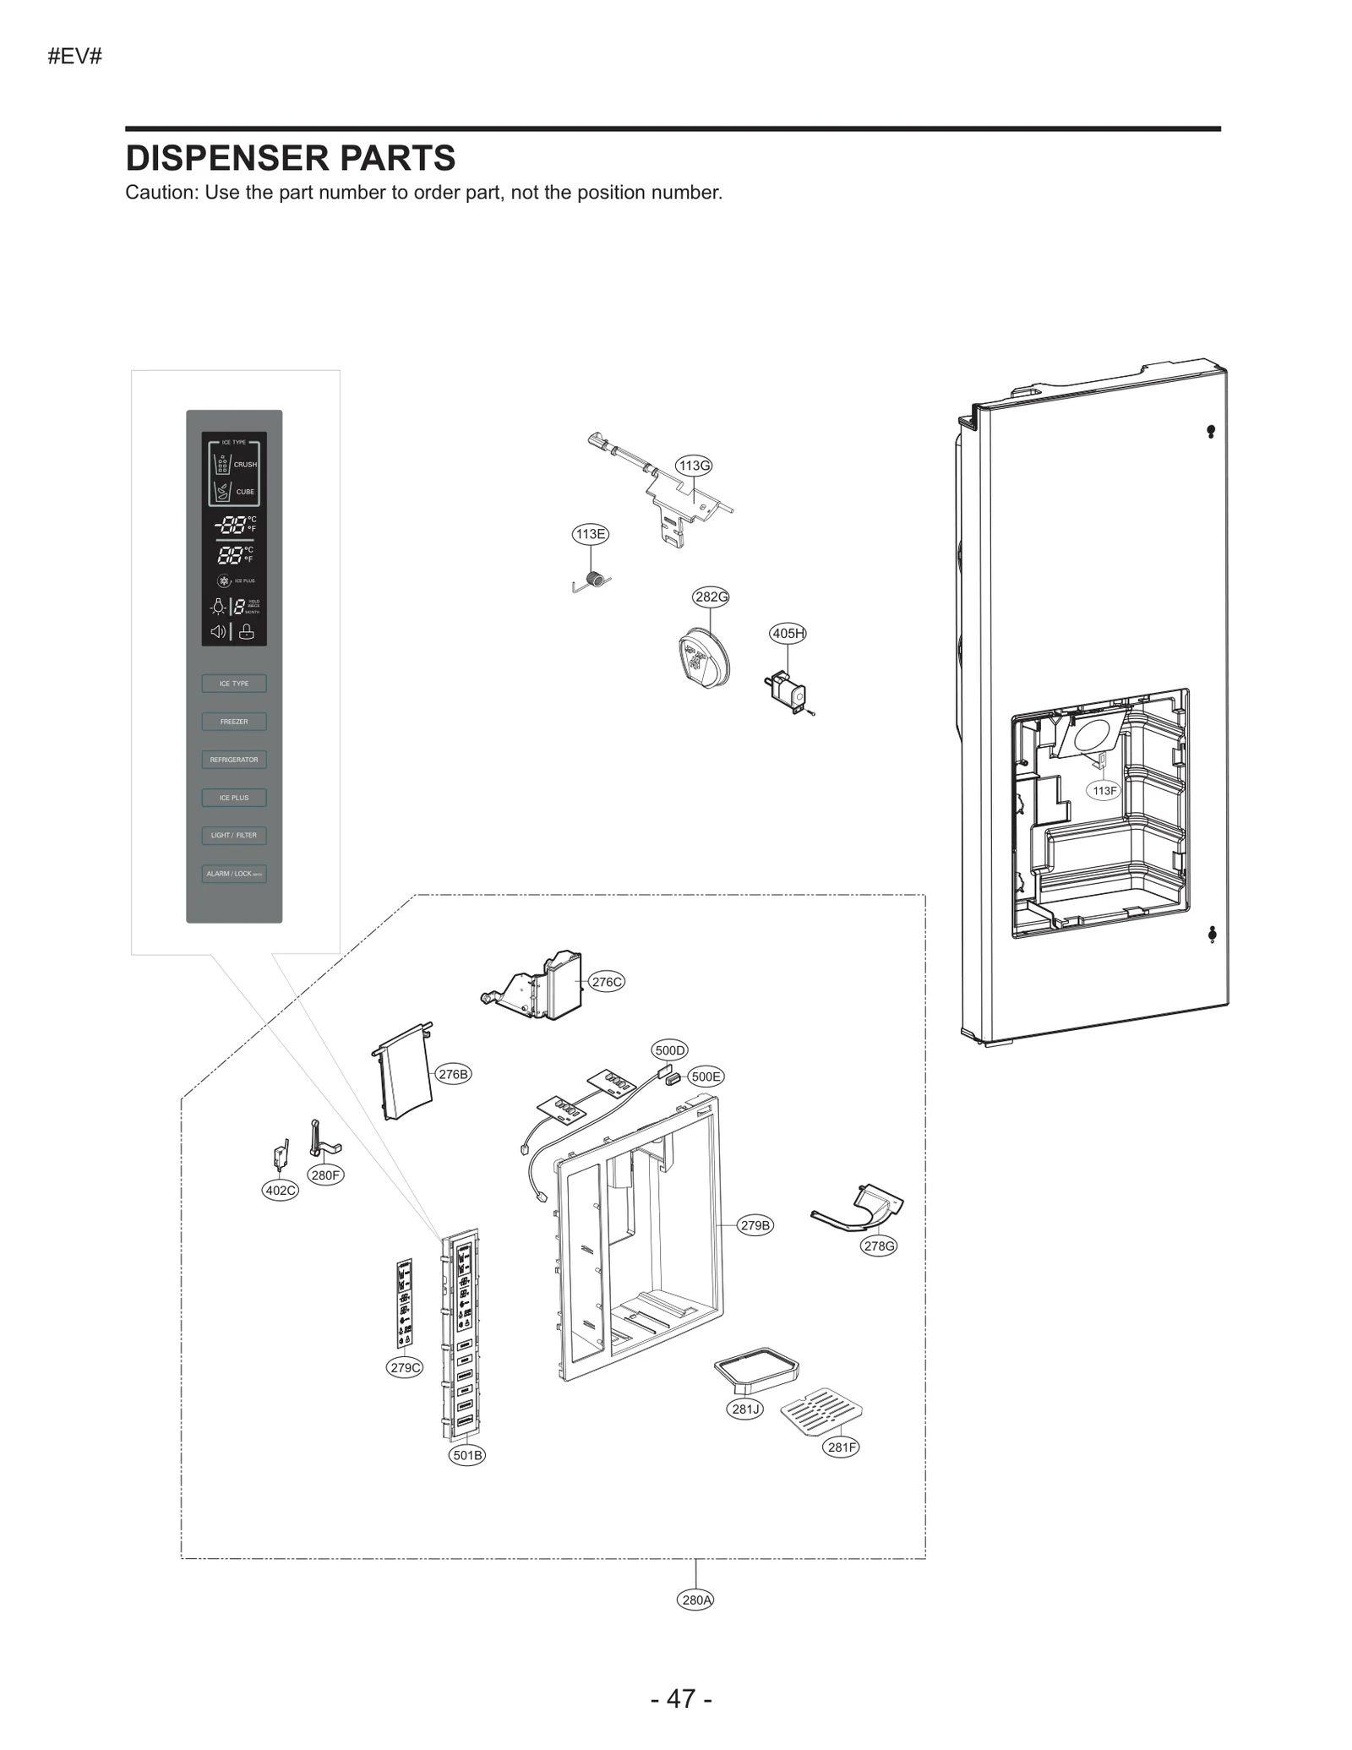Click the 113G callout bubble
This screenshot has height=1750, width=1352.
694,466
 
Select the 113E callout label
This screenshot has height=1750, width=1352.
590,534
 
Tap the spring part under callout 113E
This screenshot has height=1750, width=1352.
595,581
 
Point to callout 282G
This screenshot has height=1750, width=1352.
711,597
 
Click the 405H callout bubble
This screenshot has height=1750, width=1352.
788,633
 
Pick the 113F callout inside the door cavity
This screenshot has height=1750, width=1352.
1104,791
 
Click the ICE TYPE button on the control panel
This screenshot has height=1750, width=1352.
234,684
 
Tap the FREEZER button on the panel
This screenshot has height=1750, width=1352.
234,722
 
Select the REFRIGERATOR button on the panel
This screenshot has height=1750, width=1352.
234,760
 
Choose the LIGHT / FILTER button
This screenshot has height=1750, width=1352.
234,836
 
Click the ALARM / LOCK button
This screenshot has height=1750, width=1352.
234,874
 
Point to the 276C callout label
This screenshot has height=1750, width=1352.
607,982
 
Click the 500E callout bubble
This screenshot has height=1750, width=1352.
706,1077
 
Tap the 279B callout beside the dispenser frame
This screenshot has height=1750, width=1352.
755,1225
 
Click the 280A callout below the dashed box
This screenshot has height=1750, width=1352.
696,1600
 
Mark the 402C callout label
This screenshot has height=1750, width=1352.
281,1191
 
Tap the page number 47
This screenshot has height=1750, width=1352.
681,1698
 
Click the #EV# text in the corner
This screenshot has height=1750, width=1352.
75,57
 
